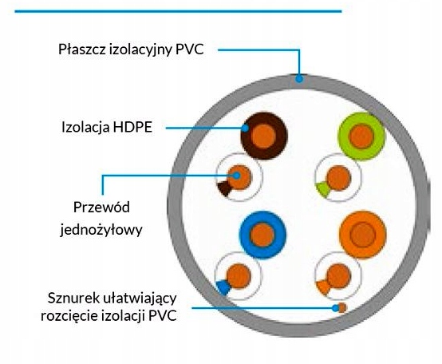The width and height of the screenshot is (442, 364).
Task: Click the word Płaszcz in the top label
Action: point(82,49)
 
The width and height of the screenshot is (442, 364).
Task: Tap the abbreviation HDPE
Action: point(132,127)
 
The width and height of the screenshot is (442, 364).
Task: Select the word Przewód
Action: point(101,208)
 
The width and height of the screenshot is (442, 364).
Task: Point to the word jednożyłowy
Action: point(101,229)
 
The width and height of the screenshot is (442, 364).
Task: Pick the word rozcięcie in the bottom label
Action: point(69,315)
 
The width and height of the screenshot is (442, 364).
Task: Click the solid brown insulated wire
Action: point(264,136)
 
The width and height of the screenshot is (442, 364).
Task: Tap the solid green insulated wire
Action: point(361,136)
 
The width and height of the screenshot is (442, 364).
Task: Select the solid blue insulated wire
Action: point(262,235)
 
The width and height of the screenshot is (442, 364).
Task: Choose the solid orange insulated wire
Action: point(363,235)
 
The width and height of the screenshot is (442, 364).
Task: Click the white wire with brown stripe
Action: point(239,177)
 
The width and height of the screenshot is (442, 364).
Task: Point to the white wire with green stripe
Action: point(338,178)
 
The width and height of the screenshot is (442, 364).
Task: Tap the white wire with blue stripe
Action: point(238,276)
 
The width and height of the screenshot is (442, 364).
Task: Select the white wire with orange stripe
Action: point(338,275)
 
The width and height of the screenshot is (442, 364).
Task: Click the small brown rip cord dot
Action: point(342,307)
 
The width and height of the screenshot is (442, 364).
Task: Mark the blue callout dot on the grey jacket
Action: point(299,79)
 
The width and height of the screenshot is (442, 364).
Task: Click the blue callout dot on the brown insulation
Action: point(246,128)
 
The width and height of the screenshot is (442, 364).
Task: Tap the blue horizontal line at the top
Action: point(178,11)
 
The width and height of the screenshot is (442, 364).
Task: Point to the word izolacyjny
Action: point(140,50)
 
